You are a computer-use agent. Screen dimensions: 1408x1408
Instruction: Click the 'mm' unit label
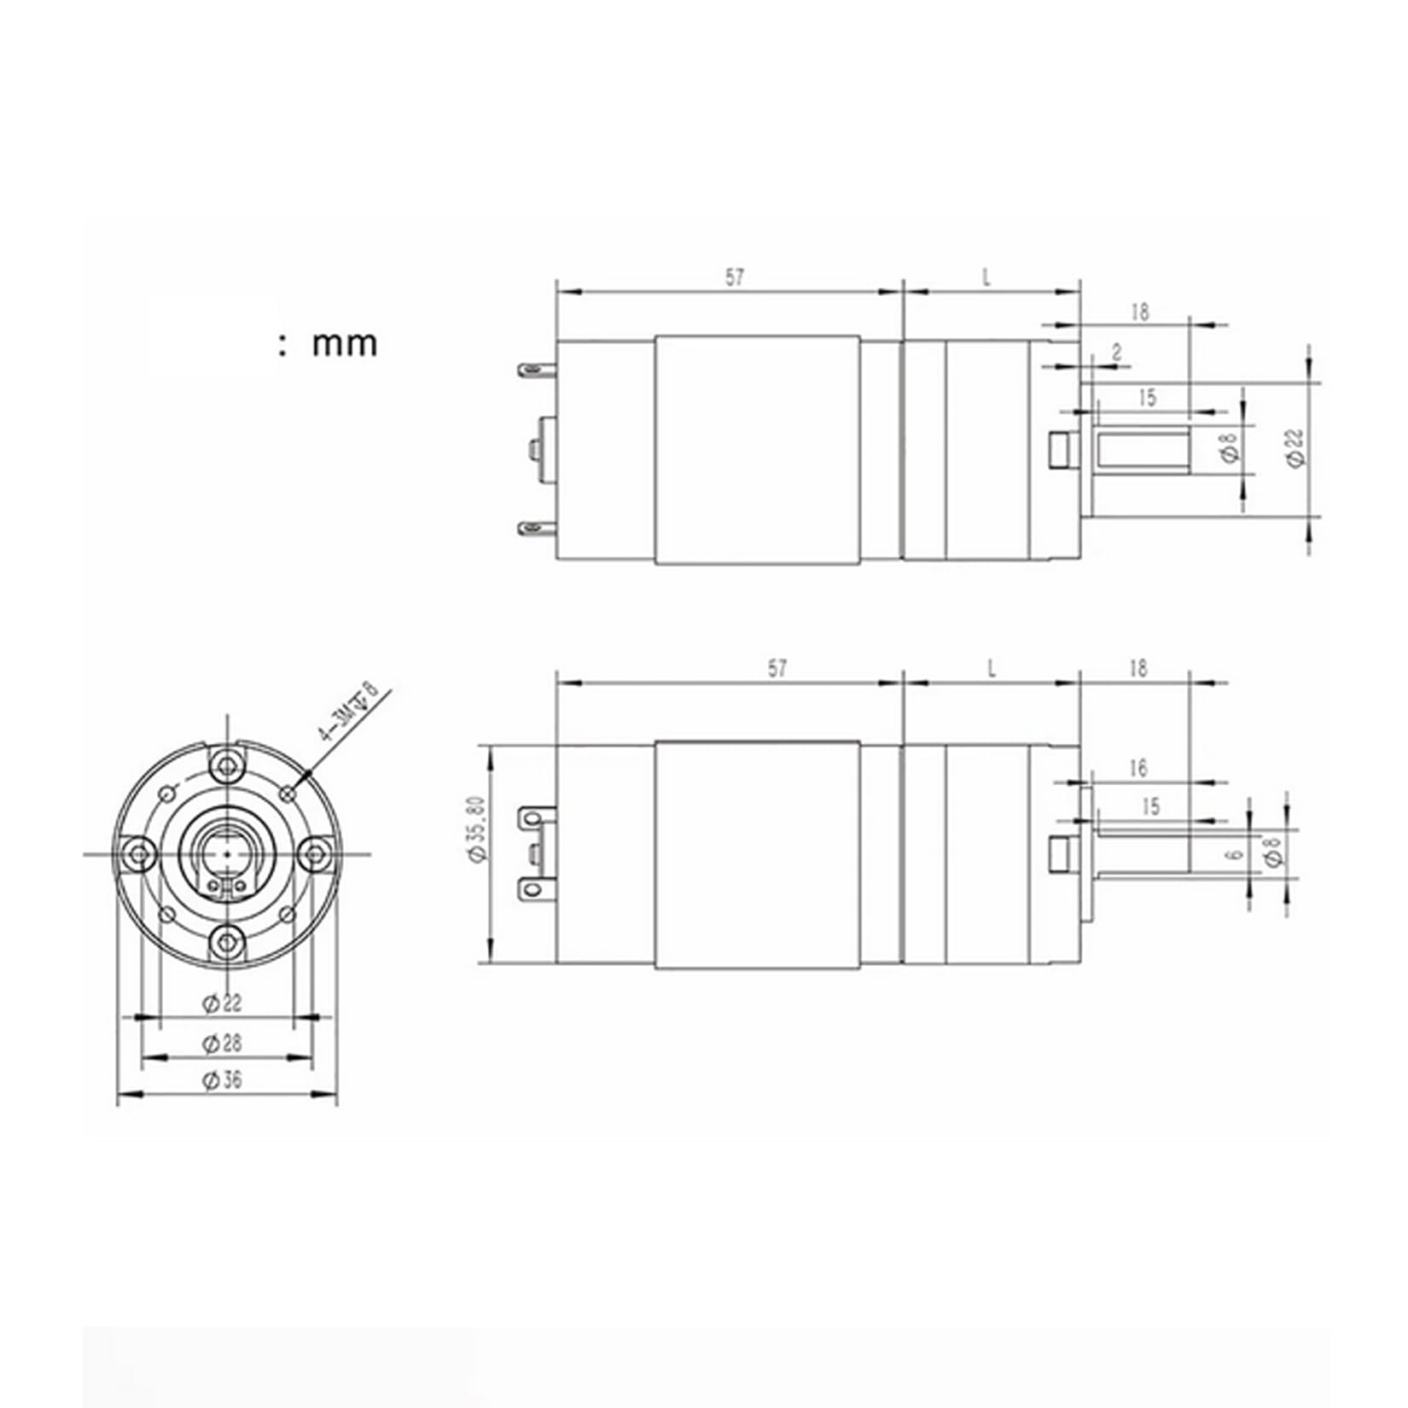(x=344, y=343)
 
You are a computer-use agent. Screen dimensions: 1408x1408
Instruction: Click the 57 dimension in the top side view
(x=734, y=277)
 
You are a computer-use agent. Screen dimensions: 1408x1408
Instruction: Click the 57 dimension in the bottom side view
(x=777, y=668)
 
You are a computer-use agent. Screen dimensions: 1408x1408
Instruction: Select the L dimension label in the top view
(x=986, y=277)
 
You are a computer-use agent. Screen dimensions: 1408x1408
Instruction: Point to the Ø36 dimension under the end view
(x=222, y=1080)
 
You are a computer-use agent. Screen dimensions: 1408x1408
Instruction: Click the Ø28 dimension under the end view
(x=222, y=1043)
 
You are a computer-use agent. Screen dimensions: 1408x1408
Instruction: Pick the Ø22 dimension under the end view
(x=222, y=1004)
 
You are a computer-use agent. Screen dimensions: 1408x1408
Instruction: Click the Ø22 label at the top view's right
(x=1296, y=446)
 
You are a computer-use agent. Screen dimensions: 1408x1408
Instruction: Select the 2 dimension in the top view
(x=1117, y=352)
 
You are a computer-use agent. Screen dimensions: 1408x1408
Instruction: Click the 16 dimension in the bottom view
(x=1137, y=769)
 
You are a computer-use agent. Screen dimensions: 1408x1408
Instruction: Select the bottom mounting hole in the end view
(x=226, y=942)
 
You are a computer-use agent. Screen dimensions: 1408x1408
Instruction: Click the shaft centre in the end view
(x=226, y=852)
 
